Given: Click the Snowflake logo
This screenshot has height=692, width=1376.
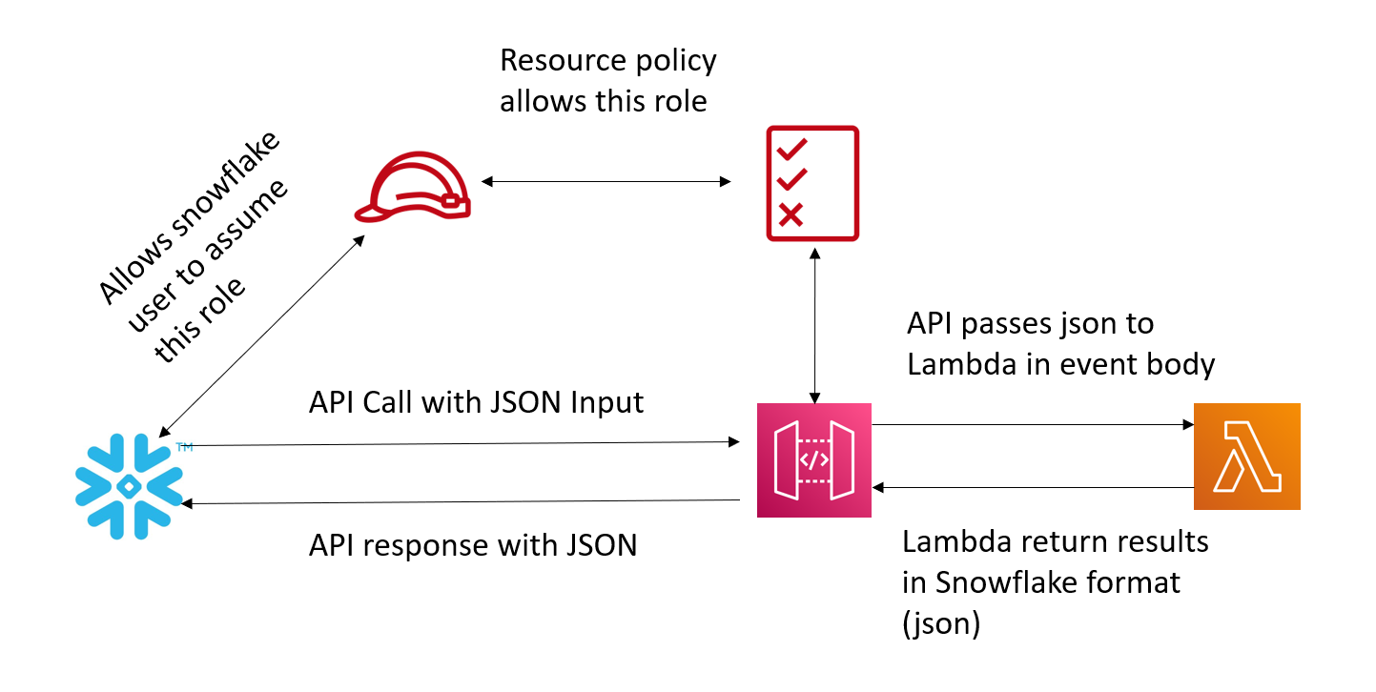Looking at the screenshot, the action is point(129,486).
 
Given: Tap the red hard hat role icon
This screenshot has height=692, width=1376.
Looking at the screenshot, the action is point(413,187).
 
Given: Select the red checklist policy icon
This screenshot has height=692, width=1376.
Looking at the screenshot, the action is point(812,183).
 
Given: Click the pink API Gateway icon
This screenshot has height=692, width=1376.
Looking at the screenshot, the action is point(814,459).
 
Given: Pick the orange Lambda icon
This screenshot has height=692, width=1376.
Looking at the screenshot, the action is point(1247,457).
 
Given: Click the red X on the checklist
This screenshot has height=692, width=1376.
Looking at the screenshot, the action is point(791,214).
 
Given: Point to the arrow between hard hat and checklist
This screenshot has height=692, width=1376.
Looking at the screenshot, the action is point(606,181).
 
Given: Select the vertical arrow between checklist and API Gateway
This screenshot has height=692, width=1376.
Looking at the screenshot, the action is point(814,325).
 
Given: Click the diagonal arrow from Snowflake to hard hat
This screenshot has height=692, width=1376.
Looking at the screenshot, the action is point(262,336).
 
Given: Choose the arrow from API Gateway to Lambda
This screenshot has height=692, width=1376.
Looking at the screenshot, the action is point(1033,424).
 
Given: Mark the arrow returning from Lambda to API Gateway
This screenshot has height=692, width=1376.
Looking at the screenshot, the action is point(1033,487).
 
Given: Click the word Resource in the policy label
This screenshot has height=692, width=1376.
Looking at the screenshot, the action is point(563,61).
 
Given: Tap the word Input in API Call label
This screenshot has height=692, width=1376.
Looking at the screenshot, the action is point(606,404).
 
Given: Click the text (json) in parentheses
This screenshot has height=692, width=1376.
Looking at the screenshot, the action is point(941,623).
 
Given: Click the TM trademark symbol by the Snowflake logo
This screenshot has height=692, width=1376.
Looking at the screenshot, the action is point(184,446).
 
